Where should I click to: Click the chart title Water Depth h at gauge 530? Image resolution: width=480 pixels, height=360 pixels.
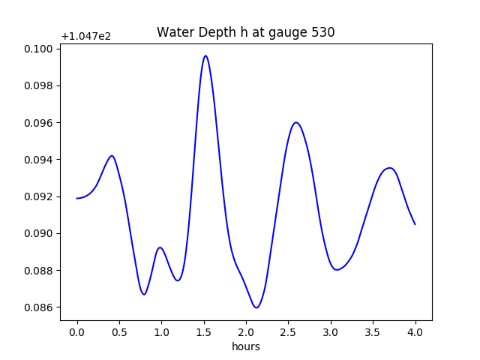tap(245, 32)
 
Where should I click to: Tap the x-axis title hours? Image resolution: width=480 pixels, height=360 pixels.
tap(245, 346)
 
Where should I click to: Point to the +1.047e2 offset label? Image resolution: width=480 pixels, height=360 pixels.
tap(86, 36)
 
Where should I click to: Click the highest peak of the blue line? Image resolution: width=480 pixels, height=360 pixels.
tap(205, 55)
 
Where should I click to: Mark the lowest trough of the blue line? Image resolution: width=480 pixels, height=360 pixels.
tap(256, 307)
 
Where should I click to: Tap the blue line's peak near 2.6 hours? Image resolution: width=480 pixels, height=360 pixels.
tap(296, 122)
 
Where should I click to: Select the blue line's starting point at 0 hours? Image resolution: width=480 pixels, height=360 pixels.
tap(77, 198)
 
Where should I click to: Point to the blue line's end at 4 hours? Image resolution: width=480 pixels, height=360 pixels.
tap(415, 224)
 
